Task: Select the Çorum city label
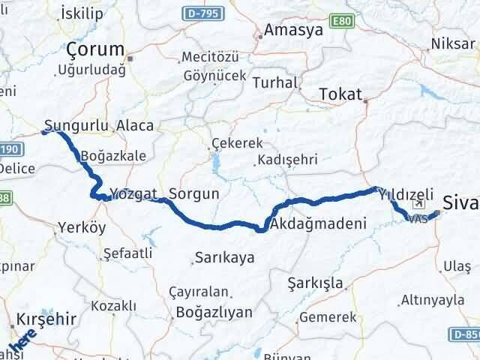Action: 94,49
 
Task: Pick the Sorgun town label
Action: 194,193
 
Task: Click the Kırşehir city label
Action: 45,319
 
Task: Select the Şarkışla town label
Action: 316,283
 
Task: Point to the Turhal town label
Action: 274,82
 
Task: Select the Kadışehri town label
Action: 286,160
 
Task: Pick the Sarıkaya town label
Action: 224,257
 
